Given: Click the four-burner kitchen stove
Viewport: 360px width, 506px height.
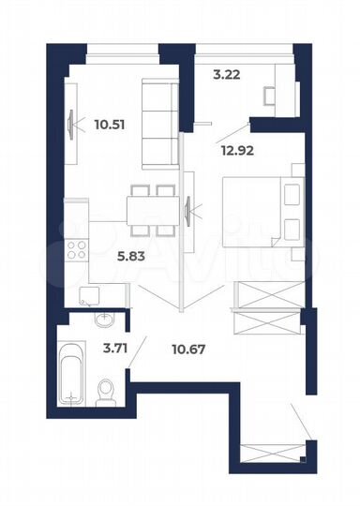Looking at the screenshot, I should tap(76, 250).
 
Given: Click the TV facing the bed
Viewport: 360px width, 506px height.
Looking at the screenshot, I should tap(189, 208).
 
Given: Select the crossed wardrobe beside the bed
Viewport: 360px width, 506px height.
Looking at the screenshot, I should tap(268, 290).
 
